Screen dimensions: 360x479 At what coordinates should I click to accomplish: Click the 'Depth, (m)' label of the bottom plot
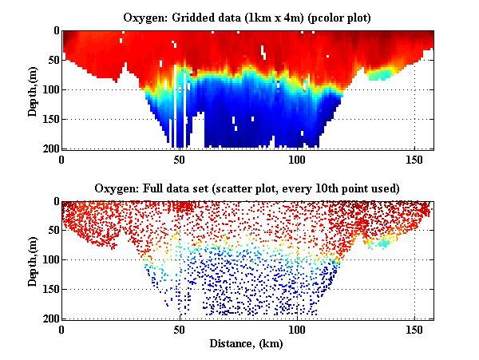33,260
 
